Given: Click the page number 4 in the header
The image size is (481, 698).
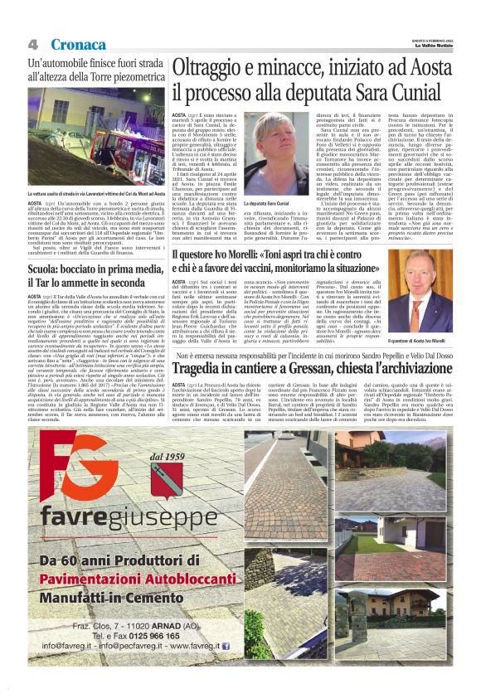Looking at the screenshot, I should pos(33,44).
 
